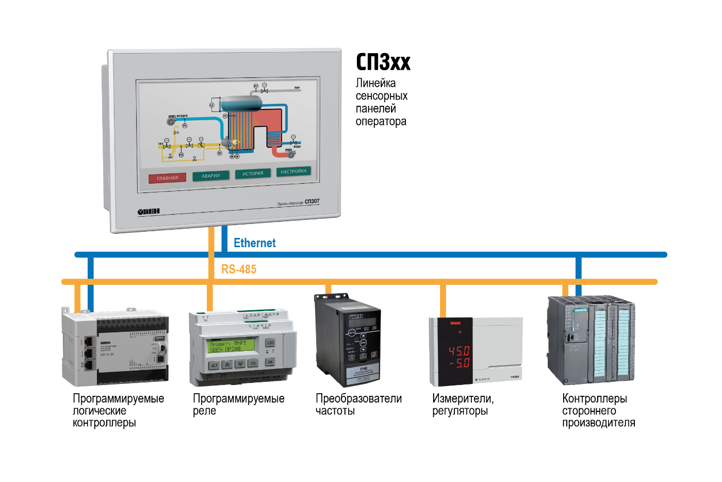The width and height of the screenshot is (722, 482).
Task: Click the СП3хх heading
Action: click(383, 62)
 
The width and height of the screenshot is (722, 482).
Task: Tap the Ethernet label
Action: click(255, 243)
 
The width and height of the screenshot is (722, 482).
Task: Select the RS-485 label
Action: click(239, 269)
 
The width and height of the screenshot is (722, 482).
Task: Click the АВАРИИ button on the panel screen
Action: click(210, 176)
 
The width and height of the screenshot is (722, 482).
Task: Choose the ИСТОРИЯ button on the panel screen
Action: click(253, 174)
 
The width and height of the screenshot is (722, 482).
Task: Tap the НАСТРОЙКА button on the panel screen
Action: click(293, 171)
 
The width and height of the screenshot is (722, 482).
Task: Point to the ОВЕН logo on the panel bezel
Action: click(149, 212)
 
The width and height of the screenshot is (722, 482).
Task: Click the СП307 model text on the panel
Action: click(312, 201)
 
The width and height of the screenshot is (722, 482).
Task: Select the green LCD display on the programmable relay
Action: click(232, 346)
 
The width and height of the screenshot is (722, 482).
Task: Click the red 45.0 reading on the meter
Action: click(458, 351)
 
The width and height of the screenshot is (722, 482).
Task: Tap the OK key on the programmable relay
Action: click(270, 362)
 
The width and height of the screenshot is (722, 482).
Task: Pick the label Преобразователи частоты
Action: click(358, 405)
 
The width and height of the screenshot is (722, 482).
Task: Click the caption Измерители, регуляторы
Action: click(463, 405)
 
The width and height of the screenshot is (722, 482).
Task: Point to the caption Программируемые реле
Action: click(238, 405)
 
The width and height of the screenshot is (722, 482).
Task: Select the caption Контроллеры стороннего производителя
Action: click(598, 410)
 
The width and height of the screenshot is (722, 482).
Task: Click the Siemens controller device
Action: click(591, 340)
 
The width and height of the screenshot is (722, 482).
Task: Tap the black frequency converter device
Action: click(347, 341)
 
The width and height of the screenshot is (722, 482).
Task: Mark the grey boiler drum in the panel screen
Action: click(241, 103)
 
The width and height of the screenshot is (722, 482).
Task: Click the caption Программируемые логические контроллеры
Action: click(118, 410)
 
